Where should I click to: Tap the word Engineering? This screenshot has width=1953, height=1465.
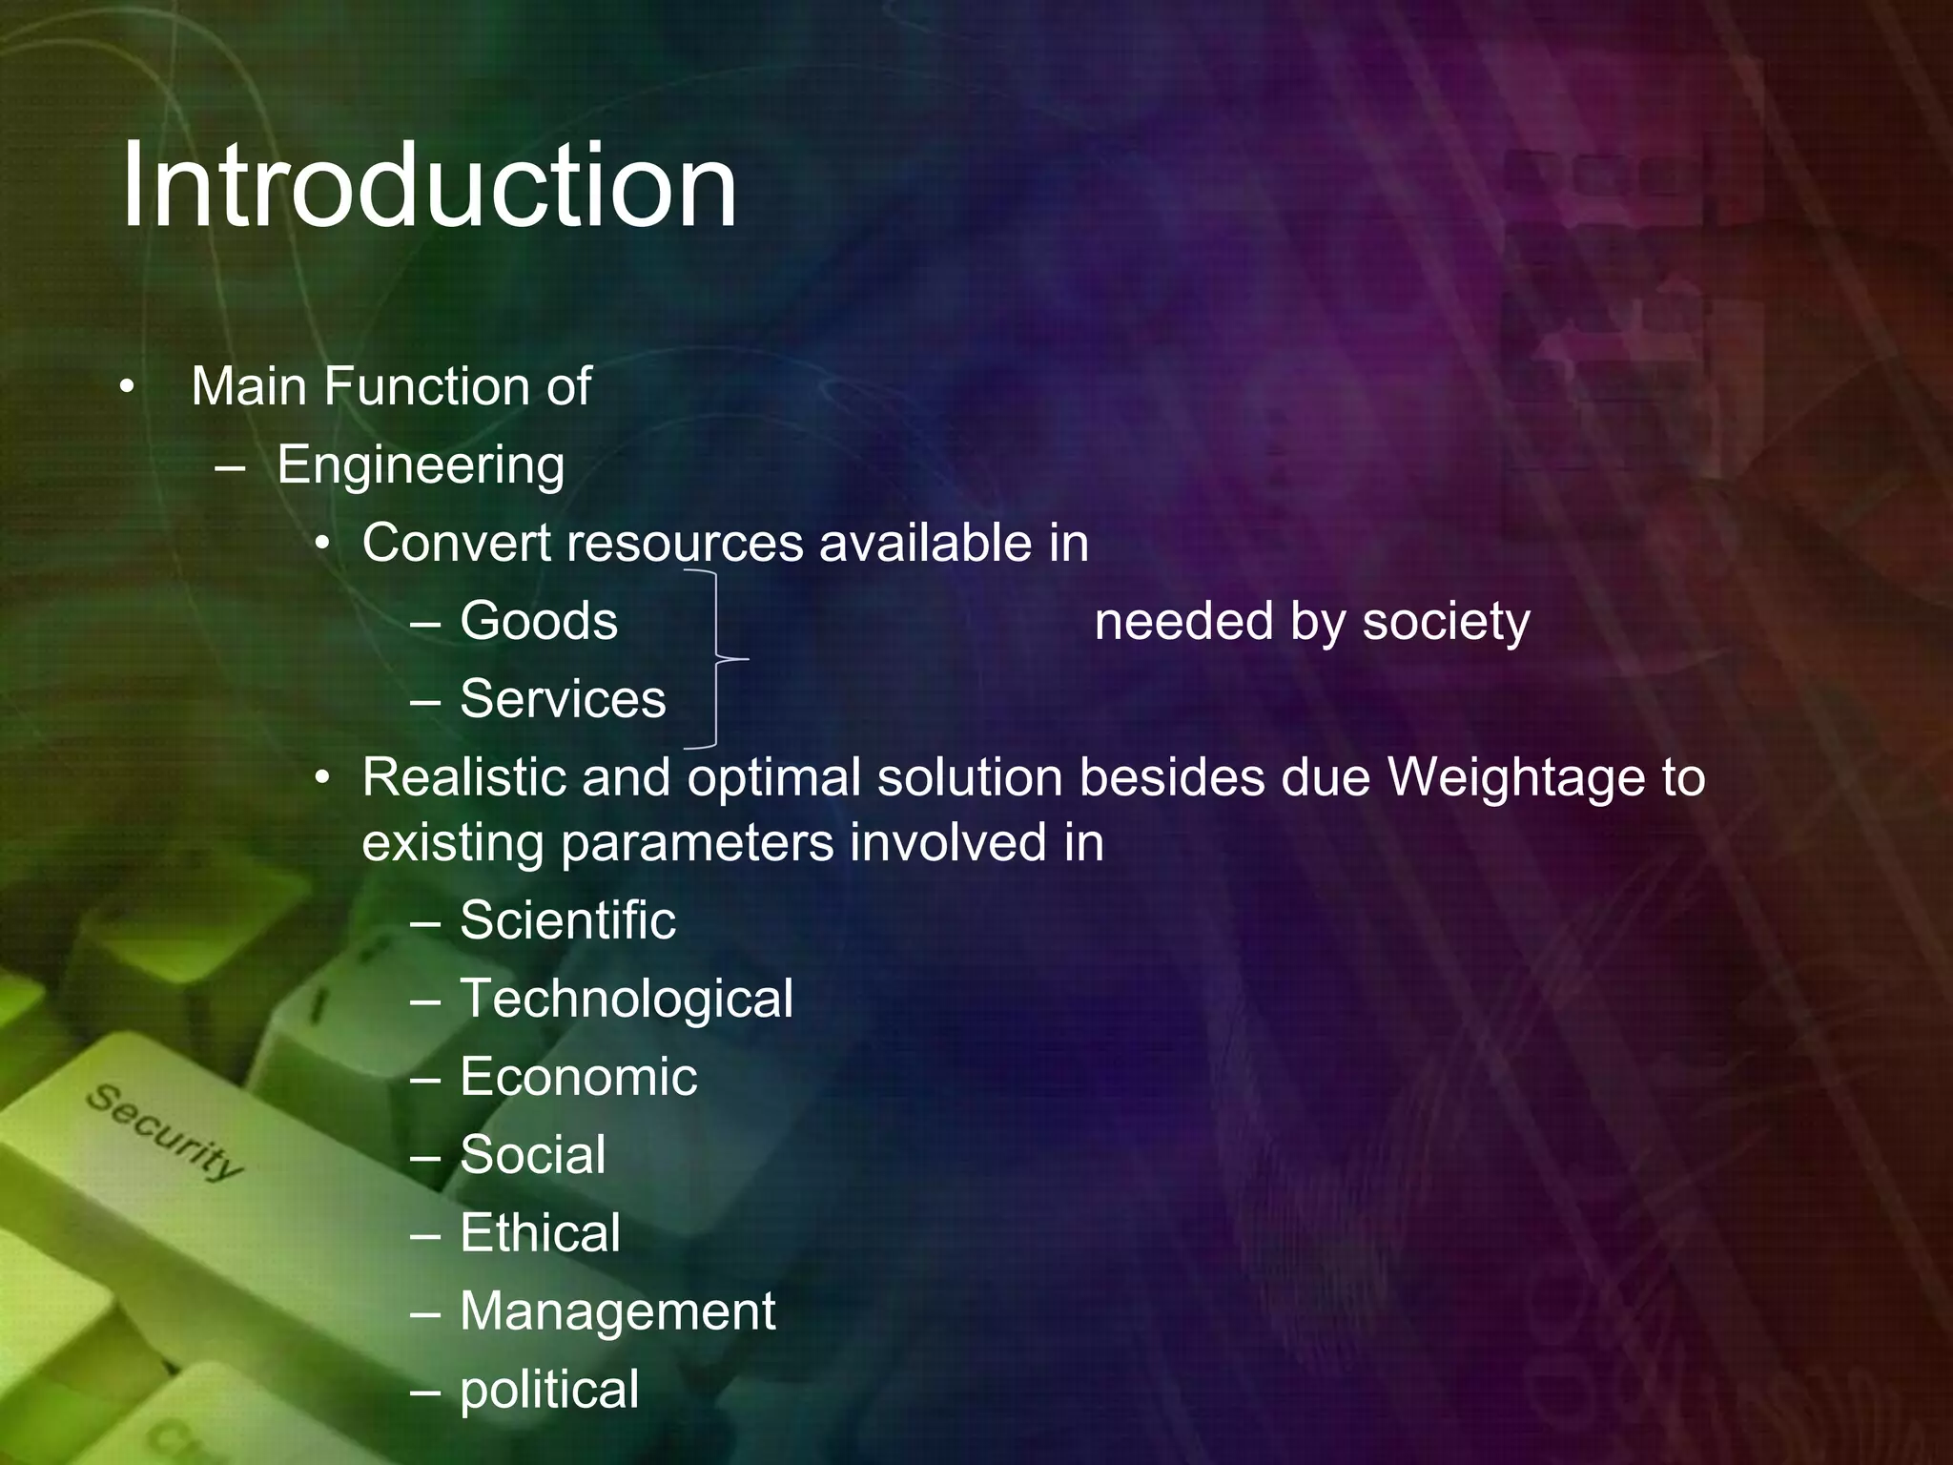[x=421, y=465]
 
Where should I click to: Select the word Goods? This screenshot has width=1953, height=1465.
[x=539, y=621]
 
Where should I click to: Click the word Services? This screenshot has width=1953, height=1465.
[x=563, y=699]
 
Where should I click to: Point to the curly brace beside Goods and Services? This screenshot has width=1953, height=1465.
[x=717, y=658]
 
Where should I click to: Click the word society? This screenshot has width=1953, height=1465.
[x=1446, y=621]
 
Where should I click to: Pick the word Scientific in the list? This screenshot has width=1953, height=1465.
[x=567, y=920]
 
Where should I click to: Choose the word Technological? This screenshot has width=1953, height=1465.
[x=627, y=999]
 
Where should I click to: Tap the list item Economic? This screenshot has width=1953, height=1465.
[x=578, y=1077]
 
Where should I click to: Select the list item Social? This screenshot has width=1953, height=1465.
[x=532, y=1155]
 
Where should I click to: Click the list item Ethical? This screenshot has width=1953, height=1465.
[x=540, y=1233]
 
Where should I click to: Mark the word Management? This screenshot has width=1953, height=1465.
[x=617, y=1311]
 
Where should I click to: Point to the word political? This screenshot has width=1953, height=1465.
[x=549, y=1390]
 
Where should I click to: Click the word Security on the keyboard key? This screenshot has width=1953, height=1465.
[x=165, y=1132]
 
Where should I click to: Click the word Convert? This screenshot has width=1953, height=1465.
[x=457, y=544]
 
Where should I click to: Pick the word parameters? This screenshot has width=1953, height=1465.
[x=697, y=844]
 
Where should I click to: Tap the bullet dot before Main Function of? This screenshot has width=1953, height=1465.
[x=127, y=387]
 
